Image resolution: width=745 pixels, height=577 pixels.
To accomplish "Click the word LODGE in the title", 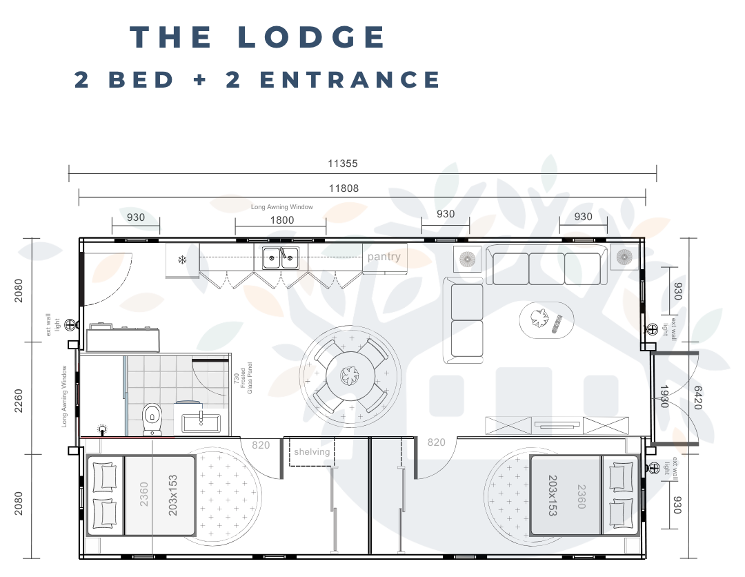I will tap(312, 37).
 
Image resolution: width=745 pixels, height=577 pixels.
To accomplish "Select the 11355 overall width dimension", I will tap(342, 164).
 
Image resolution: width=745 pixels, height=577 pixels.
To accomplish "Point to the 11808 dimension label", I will tap(343, 188).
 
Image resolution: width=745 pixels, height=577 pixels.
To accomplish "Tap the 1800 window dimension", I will tap(281, 220).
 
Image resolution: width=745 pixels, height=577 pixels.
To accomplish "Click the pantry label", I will tap(384, 257).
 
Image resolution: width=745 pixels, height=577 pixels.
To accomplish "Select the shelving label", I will tap(312, 452).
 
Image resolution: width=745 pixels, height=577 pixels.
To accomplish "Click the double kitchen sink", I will tap(281, 258).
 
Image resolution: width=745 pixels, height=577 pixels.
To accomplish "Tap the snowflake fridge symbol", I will tap(183, 260).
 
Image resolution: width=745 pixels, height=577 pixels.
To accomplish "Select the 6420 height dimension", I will tap(697, 397).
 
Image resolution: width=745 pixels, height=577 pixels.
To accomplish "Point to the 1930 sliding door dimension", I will tap(664, 397).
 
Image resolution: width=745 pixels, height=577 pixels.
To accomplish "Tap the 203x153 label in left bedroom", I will tap(172, 495).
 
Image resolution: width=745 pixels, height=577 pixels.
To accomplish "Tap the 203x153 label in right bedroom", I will tap(553, 495).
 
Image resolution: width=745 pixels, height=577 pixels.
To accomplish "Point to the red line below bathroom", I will tap(128, 438).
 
